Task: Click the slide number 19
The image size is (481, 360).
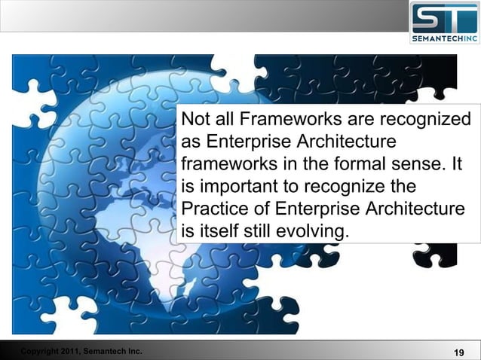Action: click(x=458, y=352)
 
